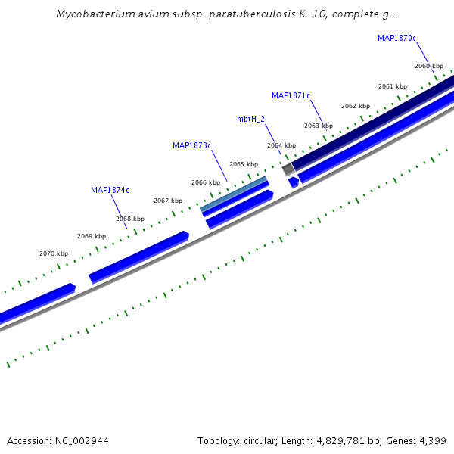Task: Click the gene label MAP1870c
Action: (x=396, y=38)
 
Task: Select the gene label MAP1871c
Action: (x=291, y=95)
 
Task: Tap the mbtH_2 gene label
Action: (x=250, y=119)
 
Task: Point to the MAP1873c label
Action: (x=191, y=145)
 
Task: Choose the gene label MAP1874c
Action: (x=110, y=190)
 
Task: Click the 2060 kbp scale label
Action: (x=429, y=66)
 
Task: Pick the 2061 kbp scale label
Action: (x=393, y=86)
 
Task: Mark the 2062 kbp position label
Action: (x=356, y=106)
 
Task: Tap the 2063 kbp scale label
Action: (x=319, y=126)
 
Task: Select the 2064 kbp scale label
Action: (x=281, y=145)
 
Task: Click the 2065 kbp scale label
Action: (x=244, y=164)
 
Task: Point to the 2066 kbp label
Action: (x=206, y=182)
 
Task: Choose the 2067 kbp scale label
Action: (x=168, y=201)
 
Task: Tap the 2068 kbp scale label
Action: (x=130, y=219)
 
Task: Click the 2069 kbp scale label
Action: (x=92, y=236)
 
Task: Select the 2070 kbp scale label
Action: (x=54, y=253)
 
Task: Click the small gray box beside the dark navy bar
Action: (x=288, y=170)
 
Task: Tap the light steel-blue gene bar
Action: (x=234, y=194)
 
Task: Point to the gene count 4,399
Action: (x=433, y=440)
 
